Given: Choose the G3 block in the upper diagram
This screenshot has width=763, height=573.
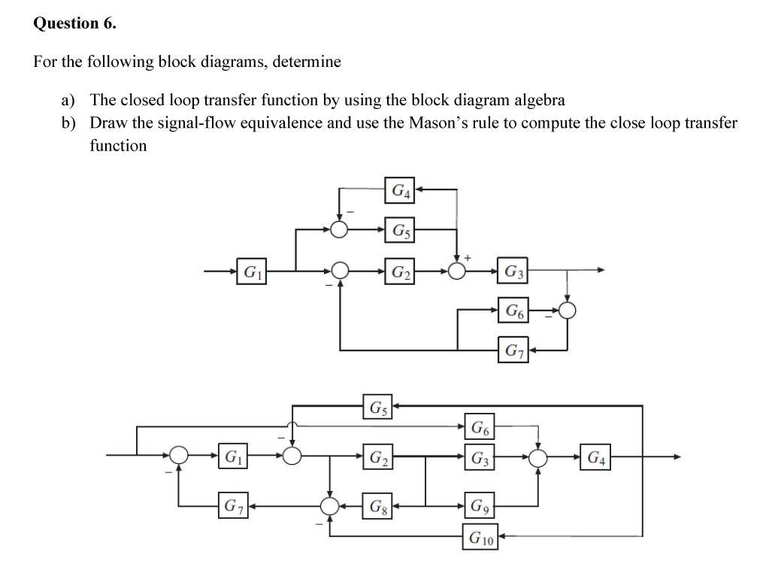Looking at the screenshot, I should pyautogui.click(x=514, y=270).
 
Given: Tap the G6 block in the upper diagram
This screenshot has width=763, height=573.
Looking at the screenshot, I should pyautogui.click(x=514, y=310).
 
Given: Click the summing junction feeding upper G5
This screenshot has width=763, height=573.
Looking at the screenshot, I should pyautogui.click(x=340, y=229).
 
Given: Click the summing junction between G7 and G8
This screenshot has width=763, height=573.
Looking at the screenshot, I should pyautogui.click(x=329, y=505).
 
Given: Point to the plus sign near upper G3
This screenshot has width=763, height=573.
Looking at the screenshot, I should pyautogui.click(x=468, y=258).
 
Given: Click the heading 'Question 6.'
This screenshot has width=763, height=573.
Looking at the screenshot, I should pyautogui.click(x=75, y=23).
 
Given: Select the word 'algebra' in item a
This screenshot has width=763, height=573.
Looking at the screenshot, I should pyautogui.click(x=539, y=99).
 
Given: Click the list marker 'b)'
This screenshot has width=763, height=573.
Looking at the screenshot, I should pyautogui.click(x=69, y=123).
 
